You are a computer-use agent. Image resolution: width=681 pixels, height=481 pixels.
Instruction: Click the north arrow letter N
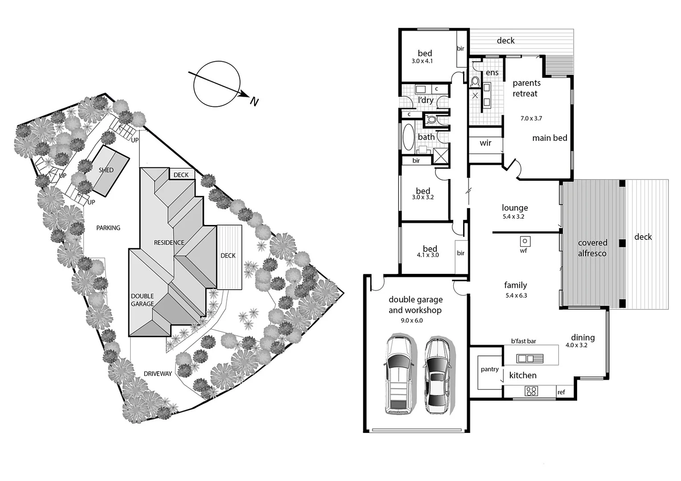[254, 102]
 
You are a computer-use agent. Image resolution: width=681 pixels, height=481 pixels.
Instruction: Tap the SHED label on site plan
[106, 170]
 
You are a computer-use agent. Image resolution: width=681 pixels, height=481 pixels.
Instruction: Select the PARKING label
[108, 228]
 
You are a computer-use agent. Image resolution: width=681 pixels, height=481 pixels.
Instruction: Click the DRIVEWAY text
[158, 374]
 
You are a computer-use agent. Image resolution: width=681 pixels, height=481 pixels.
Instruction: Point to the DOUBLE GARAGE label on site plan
[142, 300]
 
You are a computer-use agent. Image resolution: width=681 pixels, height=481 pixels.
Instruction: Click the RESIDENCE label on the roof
[169, 243]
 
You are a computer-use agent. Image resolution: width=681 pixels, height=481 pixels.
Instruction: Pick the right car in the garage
[437, 376]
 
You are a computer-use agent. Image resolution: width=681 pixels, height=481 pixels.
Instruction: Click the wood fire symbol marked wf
[525, 241]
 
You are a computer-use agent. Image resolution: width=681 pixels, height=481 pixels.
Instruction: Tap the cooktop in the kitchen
[531, 391]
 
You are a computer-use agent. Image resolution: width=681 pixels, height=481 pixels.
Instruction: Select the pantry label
[490, 369]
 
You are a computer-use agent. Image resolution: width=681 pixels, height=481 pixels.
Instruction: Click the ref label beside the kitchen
[561, 392]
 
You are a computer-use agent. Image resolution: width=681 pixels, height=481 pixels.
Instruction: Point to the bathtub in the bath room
[408, 137]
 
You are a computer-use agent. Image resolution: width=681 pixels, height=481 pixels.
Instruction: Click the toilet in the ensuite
[475, 82]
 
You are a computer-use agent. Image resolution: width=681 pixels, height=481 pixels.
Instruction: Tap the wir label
[485, 143]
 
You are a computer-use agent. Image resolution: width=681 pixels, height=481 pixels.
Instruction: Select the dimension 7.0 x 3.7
[531, 118]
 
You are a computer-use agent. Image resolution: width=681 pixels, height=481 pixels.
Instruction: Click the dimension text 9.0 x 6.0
[412, 321]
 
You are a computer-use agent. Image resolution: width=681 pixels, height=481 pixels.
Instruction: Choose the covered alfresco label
[592, 248]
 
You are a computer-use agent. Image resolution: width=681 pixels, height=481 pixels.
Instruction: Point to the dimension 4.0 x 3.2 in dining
[576, 345]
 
